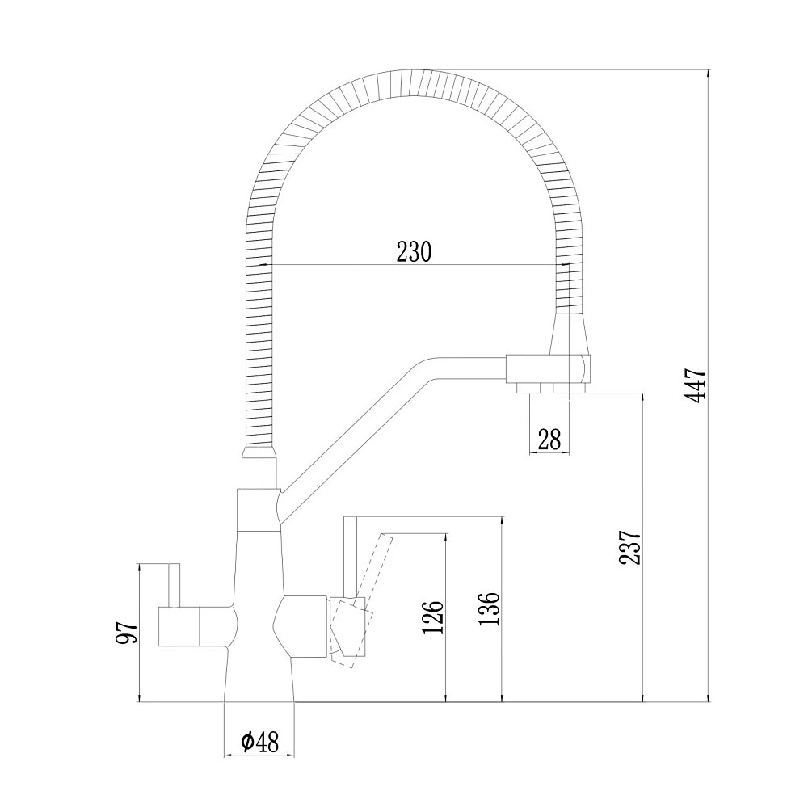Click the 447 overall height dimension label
click(696, 385)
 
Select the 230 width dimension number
click(413, 252)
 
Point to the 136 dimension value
click(489, 608)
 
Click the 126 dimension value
click(433, 617)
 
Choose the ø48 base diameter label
click(259, 742)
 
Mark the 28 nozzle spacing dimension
click(549, 440)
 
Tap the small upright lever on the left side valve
click(175, 585)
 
